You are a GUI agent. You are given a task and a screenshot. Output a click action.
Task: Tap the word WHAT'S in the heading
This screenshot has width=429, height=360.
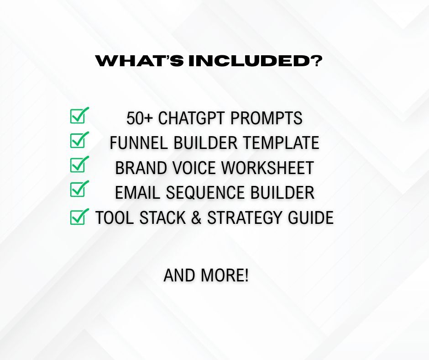coord(140,61)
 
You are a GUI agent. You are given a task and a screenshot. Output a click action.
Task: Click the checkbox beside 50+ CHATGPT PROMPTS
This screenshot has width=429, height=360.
coord(79,115)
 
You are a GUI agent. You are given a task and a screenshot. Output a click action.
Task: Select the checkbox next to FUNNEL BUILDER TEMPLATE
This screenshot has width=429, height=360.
coord(79,140)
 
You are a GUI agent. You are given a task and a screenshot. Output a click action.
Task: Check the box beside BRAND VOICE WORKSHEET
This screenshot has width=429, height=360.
coord(79,164)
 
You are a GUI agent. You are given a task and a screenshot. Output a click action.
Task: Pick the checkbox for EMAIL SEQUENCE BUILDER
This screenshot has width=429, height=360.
coord(79,189)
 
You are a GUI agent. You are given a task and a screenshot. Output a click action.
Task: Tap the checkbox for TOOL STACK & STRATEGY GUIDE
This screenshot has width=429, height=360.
coord(79,217)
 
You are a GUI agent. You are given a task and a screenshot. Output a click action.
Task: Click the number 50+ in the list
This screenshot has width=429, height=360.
coord(139,118)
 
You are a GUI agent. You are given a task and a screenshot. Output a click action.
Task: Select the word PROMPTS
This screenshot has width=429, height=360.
coord(266,118)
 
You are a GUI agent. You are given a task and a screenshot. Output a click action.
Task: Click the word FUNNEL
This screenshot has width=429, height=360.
coord(139,143)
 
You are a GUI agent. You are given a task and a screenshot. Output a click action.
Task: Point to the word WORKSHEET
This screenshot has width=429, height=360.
coord(267,168)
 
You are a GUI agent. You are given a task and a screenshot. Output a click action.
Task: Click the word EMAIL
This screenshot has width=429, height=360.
coord(137,192)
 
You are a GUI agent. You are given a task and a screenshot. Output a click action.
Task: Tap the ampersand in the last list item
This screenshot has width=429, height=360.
coord(196,217)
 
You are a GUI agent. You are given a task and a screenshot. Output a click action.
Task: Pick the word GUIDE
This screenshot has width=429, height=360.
coord(310,217)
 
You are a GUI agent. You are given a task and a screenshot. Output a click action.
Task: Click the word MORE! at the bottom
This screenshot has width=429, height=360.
coord(225,275)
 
